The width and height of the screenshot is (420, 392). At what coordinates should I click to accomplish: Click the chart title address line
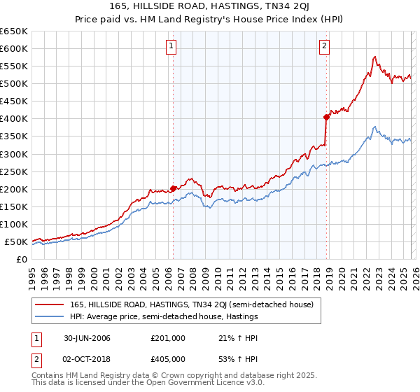pos(210,6)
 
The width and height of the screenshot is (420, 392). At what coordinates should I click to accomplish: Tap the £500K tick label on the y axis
pos(14,84)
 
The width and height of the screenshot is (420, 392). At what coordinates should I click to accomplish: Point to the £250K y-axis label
pos(14,171)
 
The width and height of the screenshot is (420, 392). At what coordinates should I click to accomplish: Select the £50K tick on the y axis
pos(16,242)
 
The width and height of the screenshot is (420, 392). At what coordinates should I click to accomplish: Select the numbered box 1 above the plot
pos(171,47)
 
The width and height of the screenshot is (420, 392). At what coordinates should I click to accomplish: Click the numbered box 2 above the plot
pos(325,47)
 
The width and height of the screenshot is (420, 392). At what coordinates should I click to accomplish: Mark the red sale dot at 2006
pos(173,188)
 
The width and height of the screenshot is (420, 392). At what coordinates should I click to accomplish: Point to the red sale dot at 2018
pos(326,117)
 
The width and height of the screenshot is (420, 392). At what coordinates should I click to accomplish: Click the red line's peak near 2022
pos(375,57)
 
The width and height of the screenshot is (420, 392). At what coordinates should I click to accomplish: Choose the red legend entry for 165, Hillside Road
pos(185,304)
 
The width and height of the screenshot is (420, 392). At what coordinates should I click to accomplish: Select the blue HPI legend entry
pos(164,317)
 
